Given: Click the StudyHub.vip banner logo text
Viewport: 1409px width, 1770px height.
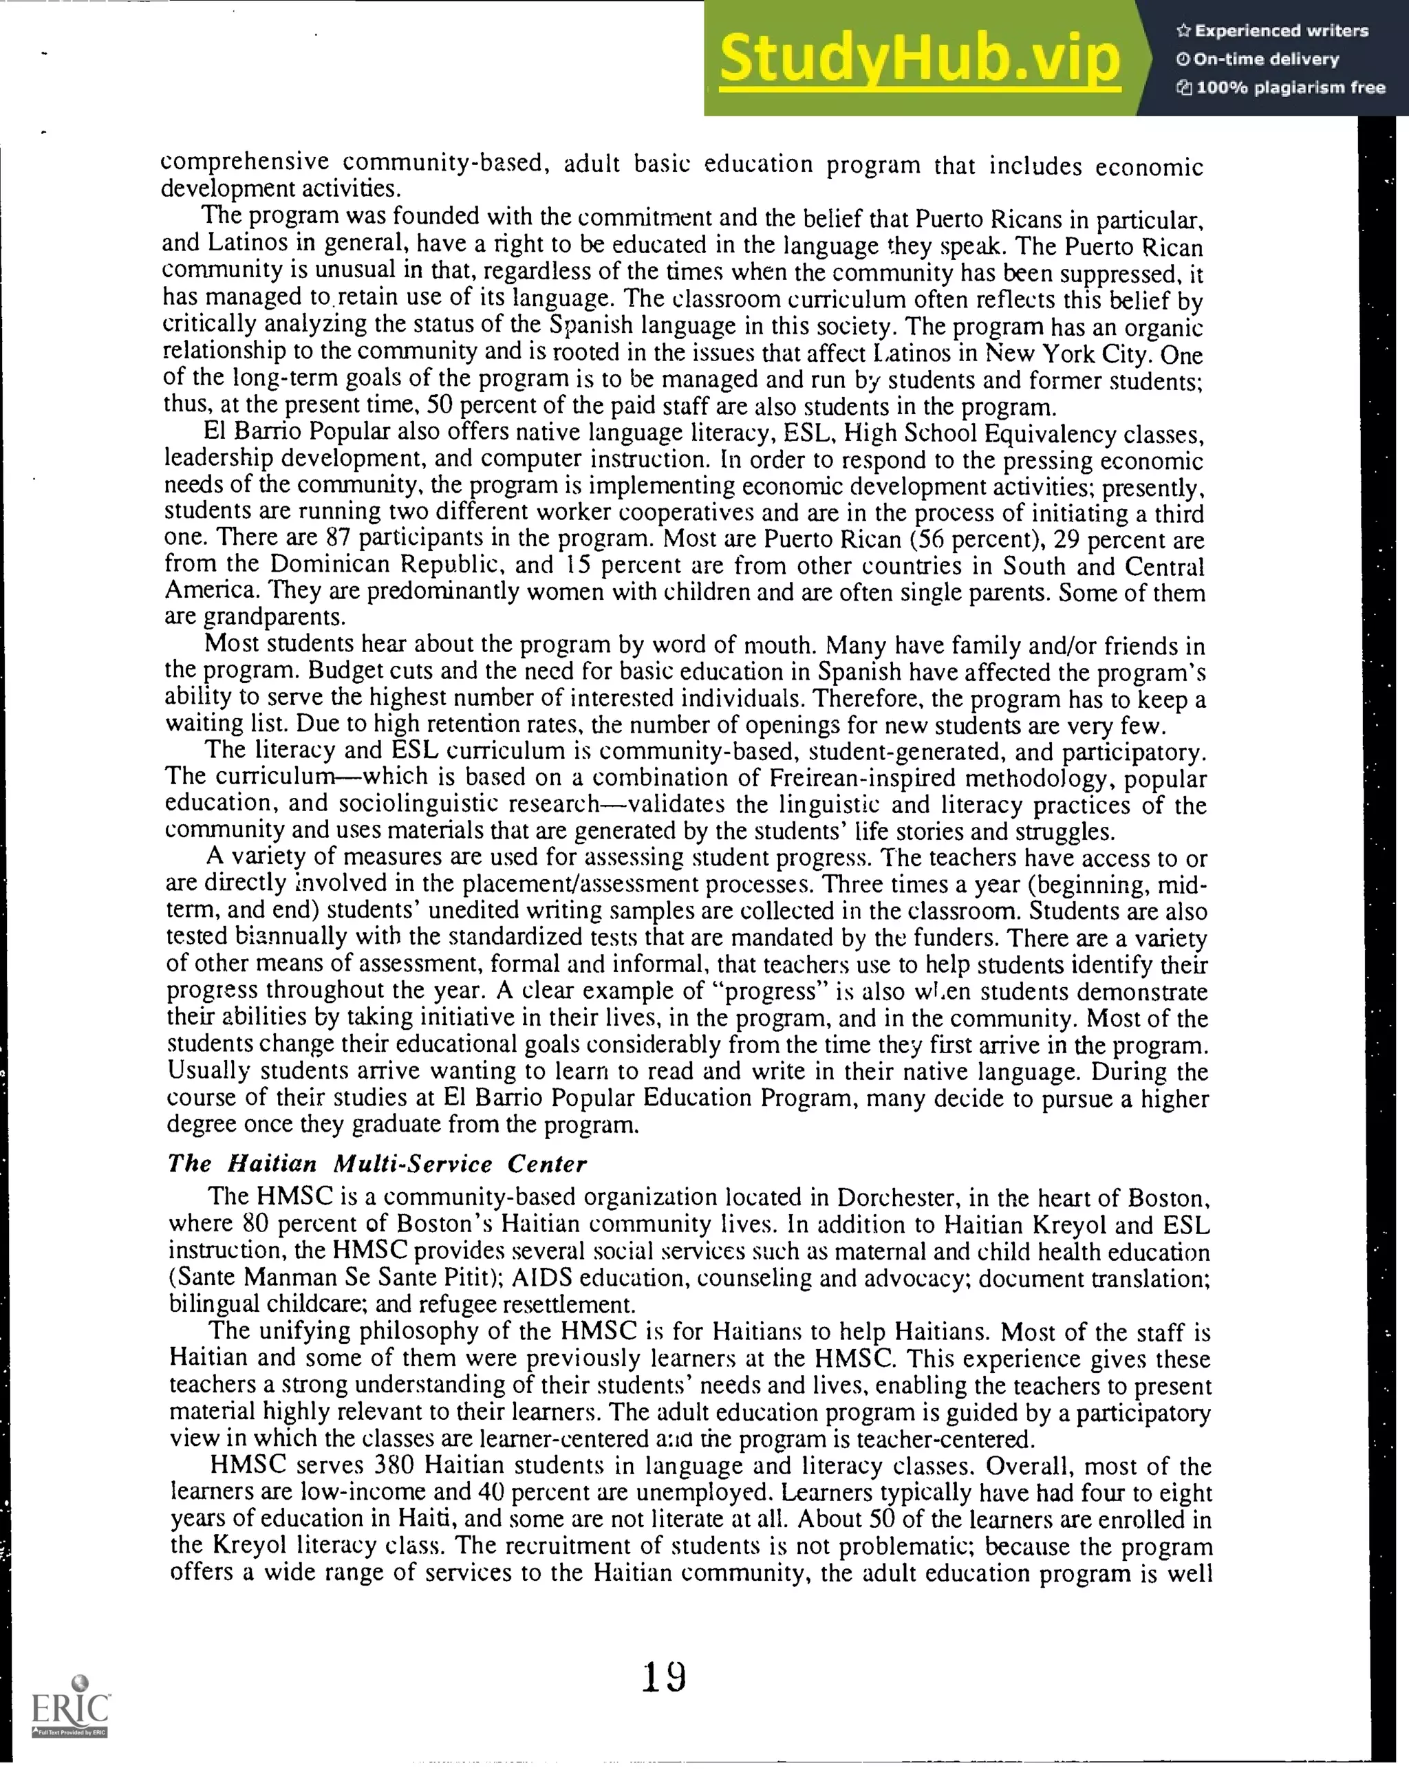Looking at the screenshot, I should click(920, 59).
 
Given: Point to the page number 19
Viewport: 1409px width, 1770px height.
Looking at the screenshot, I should click(663, 1676).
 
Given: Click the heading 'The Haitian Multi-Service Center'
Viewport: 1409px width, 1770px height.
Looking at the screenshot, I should click(377, 1164).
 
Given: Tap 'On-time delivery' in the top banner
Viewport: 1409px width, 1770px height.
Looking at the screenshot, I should click(1265, 59).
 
